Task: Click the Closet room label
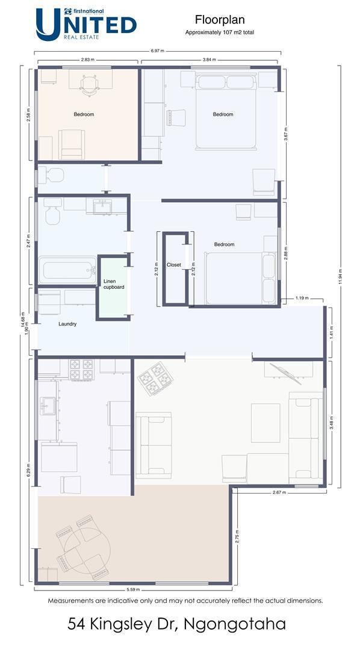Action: coord(174,265)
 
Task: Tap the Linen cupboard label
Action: coord(114,284)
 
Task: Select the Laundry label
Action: coord(67,324)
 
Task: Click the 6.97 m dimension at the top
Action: coord(157,51)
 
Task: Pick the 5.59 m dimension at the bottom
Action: coord(133,589)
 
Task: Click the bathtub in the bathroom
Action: coord(67,270)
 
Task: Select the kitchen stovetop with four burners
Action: coord(81,370)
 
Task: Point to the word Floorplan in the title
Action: coord(220,19)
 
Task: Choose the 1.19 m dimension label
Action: coord(302,298)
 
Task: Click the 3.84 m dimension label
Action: coord(209,60)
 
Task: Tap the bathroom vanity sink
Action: coord(102,206)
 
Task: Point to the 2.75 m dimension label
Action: coord(237,536)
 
